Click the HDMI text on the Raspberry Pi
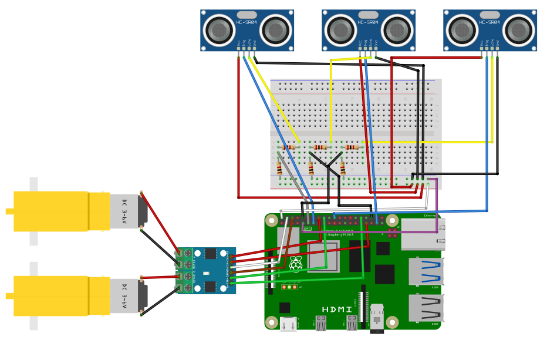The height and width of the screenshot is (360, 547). pos(337,309)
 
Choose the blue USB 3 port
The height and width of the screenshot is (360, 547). pos(426,271)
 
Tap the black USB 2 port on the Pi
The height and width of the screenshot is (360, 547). pos(426,307)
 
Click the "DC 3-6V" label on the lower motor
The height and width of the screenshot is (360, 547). pos(124,295)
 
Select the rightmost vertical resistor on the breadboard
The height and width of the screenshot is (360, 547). pos(342,169)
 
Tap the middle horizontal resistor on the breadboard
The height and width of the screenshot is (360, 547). pos(320,147)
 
